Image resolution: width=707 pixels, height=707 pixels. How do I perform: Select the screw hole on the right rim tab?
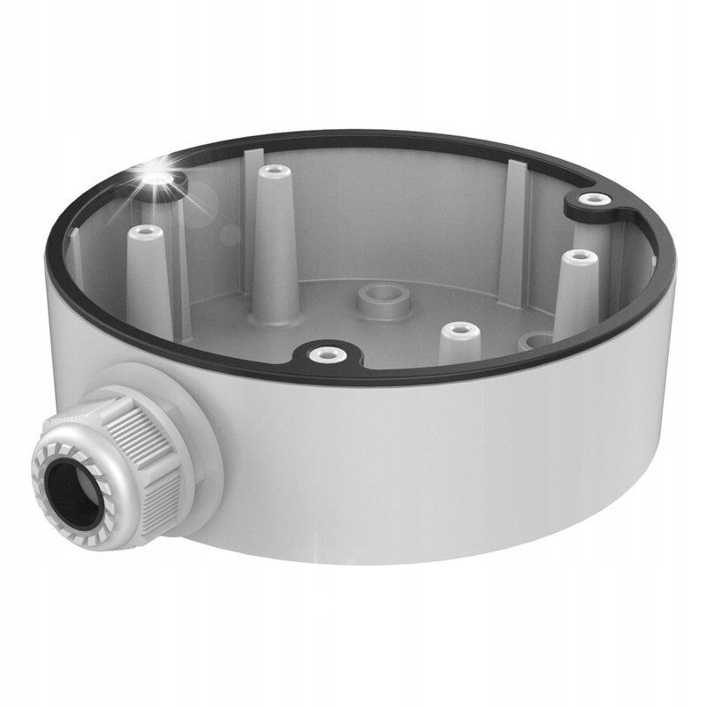[x=592, y=199]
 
